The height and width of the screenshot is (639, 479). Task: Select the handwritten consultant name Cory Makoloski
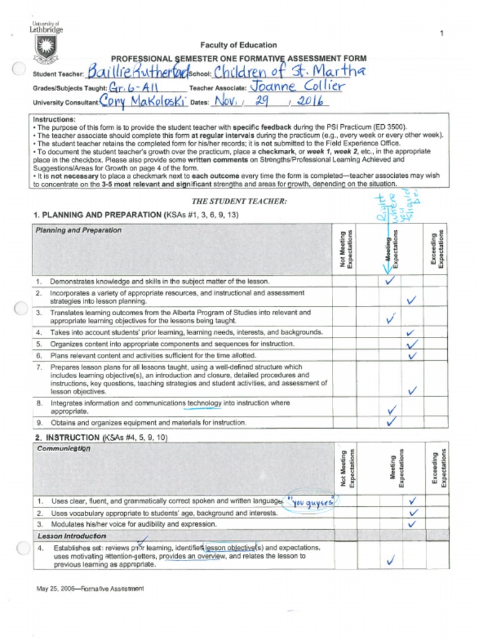[143, 101]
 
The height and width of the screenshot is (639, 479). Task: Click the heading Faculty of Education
[238, 45]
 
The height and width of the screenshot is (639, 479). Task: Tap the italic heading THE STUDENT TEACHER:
[239, 201]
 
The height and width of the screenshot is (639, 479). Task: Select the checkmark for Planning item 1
[390, 280]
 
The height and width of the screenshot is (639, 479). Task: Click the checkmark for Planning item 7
[412, 391]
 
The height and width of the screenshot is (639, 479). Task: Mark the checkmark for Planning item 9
[392, 422]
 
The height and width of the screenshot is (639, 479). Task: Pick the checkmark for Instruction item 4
[390, 560]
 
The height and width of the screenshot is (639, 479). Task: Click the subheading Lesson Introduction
[72, 536]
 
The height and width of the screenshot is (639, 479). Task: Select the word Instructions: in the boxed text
[54, 119]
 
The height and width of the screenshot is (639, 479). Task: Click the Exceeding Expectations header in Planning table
[437, 249]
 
